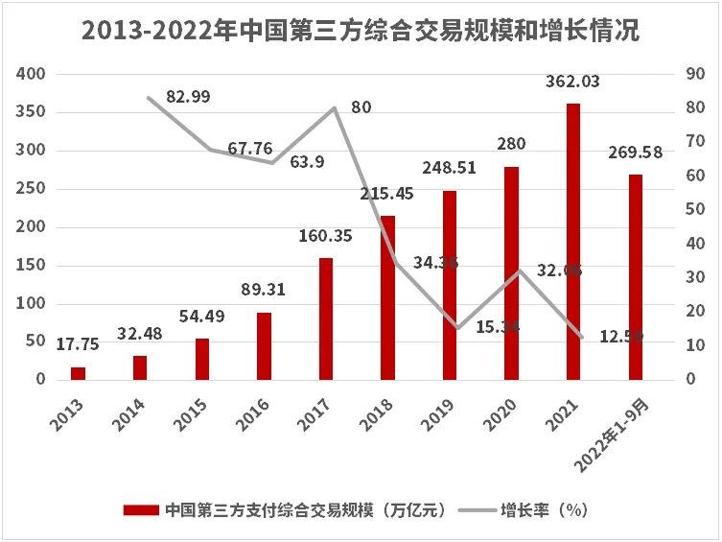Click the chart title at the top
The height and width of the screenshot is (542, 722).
[361, 32]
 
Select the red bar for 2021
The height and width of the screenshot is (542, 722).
[573, 241]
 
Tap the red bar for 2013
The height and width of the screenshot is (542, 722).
[78, 373]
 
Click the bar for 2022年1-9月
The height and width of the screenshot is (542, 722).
[635, 276]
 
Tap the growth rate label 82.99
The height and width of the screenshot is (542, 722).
[188, 96]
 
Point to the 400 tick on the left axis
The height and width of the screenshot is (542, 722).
[33, 74]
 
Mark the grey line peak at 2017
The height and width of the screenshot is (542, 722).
[334, 107]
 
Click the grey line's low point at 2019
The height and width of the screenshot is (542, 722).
[456, 328]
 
